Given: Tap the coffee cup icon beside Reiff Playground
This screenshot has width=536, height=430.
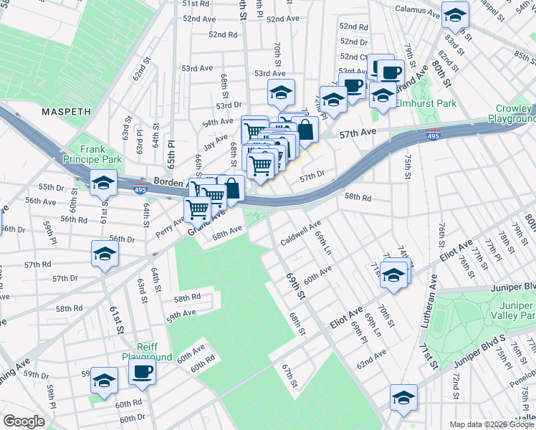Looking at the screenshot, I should tap(142, 372).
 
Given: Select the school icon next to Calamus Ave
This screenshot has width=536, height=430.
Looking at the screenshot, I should tap(454, 14).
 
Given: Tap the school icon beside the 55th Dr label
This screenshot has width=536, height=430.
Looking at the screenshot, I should tap(104, 183).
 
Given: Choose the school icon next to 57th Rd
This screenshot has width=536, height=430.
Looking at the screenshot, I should tap(105, 254).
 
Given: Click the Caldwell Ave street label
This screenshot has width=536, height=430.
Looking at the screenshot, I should tap(300, 233).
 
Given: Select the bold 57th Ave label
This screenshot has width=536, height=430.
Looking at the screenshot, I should tap(358, 133).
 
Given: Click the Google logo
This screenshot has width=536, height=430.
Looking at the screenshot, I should tap(24, 421).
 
